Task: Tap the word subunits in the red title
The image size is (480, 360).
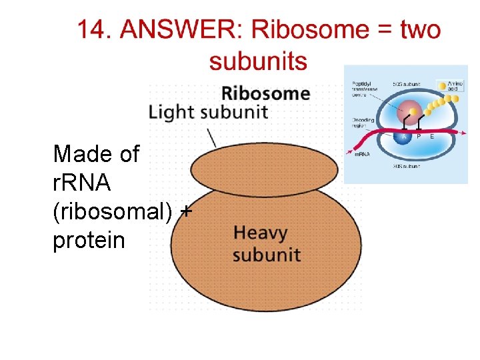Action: point(258,61)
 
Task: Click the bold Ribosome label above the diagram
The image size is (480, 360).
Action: point(265,93)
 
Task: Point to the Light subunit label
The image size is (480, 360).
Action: point(208,112)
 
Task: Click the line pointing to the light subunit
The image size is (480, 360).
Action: point(212,136)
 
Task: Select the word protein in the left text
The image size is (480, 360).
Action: point(89,240)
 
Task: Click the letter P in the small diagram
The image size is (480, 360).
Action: point(418,136)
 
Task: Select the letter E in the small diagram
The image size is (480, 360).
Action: point(432,136)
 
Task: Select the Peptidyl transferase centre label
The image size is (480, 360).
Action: point(365,89)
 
